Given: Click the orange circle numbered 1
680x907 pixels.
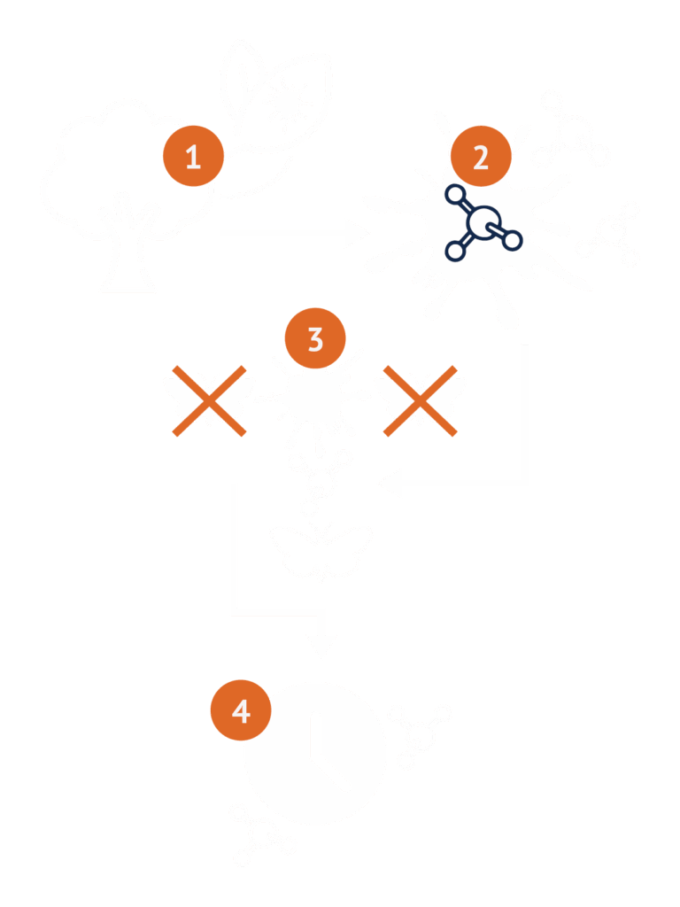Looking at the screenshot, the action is [193, 156].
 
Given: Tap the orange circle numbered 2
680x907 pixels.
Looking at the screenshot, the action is [481, 156].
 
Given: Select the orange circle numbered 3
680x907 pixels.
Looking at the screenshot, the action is [315, 338].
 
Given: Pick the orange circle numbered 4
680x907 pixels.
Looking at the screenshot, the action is [241, 710].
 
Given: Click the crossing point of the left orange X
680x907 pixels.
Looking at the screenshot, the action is [209, 401].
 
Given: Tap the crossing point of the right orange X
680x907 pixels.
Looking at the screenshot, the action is [421, 401].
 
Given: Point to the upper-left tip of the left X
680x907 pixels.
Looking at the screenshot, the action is [175, 368].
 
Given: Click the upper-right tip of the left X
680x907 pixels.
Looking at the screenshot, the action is [243, 368].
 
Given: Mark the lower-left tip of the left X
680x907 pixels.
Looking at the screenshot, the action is [175, 433].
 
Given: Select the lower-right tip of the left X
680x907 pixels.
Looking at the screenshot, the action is [243, 433].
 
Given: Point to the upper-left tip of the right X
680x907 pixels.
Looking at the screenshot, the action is [386, 368].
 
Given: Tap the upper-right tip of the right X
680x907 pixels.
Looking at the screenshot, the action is [454, 368].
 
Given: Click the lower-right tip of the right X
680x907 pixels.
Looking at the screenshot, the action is [454, 433].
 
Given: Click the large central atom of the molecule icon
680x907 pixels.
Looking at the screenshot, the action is [483, 222].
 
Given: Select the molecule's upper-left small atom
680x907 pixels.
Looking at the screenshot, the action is [456, 195].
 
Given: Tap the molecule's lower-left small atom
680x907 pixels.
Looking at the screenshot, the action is [455, 251].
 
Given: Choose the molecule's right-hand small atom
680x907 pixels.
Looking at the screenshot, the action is [512, 239].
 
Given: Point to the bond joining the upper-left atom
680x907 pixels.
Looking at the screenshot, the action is [467, 206].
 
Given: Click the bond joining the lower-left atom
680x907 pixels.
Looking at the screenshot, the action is [467, 239].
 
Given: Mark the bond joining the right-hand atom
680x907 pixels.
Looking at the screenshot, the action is [496, 231].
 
